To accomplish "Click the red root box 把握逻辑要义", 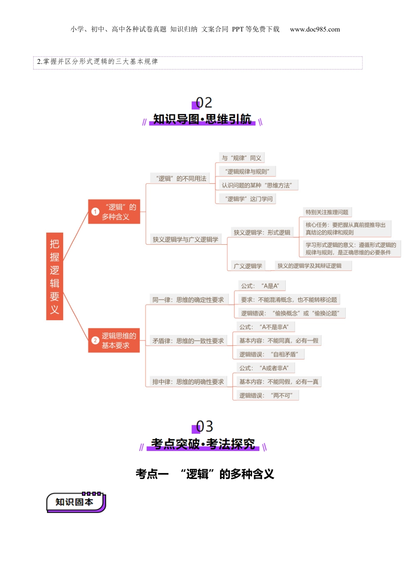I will click(x=54, y=276).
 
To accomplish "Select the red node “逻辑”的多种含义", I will click(x=114, y=211).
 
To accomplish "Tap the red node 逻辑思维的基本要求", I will click(x=114, y=340).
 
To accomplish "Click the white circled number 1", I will click(x=95, y=212).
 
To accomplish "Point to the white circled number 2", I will click(x=95, y=340).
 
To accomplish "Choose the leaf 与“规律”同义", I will click(x=241, y=158).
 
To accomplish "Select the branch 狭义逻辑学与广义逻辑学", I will click(x=185, y=239).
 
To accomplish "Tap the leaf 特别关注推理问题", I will click(x=327, y=212).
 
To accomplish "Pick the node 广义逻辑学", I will click(x=248, y=266).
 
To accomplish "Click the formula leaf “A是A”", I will click(x=260, y=286).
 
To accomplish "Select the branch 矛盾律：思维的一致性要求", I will click(x=188, y=340).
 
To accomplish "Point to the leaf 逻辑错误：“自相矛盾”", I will click(x=268, y=354).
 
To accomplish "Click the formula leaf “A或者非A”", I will click(x=264, y=368).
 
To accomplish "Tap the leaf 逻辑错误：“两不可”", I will click(x=265, y=395).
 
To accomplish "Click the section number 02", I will click(x=203, y=103).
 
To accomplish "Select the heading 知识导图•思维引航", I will click(x=202, y=119).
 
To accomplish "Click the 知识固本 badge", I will click(x=76, y=502).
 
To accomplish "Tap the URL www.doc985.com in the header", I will click(x=315, y=29).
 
